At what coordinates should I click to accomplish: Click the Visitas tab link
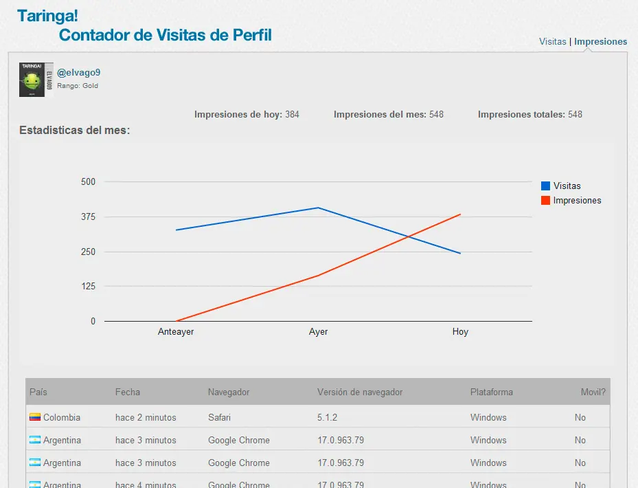552,41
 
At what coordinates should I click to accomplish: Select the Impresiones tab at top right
600,41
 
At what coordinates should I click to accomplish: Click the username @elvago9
79,72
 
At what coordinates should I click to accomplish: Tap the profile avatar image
36,80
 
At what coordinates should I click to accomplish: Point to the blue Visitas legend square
545,186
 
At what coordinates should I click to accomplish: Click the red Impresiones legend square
545,201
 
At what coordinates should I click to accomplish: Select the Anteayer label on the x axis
176,332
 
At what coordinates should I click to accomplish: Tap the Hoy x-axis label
460,332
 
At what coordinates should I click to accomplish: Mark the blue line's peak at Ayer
318,208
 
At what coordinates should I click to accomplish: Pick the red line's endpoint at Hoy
460,214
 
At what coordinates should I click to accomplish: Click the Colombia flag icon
35,417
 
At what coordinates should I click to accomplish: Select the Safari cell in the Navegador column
219,417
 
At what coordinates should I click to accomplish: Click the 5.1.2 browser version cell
328,417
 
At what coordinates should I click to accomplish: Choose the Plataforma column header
491,392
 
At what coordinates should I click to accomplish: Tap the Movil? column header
593,392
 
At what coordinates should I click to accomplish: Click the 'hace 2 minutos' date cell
146,417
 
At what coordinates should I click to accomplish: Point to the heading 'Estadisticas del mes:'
75,130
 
